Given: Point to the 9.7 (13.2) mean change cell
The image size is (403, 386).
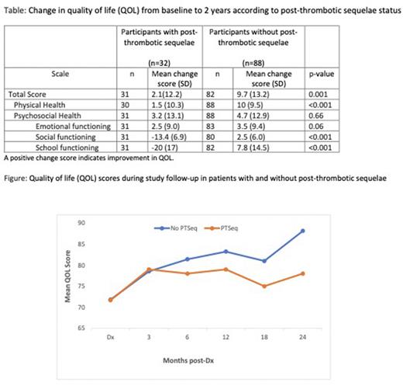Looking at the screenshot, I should pos(263,92).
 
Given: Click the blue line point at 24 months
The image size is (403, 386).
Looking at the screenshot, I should pos(301,231).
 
